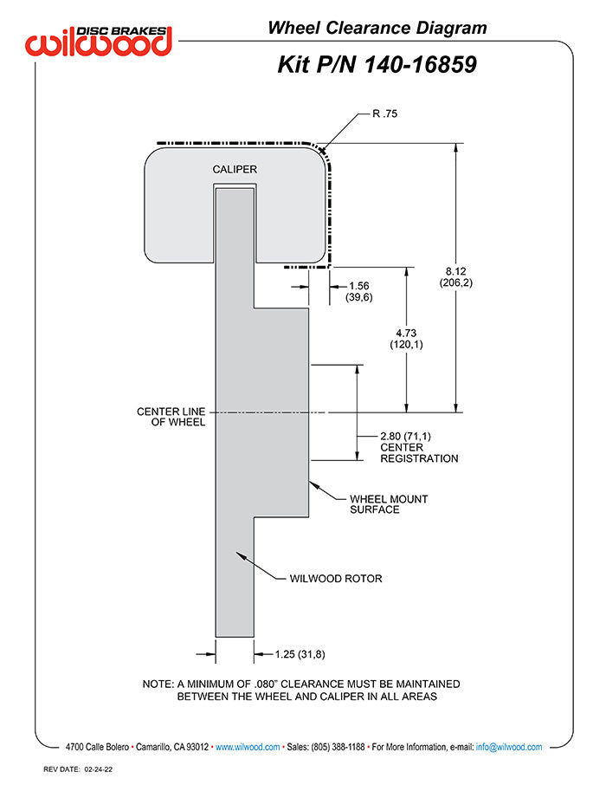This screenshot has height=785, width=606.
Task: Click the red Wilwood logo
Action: click(x=99, y=41)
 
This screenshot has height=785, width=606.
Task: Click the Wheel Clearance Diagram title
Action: click(x=377, y=28)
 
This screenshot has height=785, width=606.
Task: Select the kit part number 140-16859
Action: click(x=420, y=65)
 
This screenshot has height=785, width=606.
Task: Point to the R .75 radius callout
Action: click(x=385, y=114)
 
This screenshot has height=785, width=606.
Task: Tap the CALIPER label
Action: click(x=235, y=169)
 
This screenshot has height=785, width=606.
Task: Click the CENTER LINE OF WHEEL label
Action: click(x=171, y=417)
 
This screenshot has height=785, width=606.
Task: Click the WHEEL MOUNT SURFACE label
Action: click(x=389, y=504)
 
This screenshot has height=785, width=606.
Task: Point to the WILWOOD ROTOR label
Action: click(x=336, y=578)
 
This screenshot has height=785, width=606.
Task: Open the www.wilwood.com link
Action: click(x=248, y=747)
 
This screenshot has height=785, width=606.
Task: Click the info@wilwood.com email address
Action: click(x=509, y=747)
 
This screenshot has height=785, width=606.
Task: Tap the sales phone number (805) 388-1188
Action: click(x=338, y=747)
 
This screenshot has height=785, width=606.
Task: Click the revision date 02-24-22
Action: click(x=98, y=769)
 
